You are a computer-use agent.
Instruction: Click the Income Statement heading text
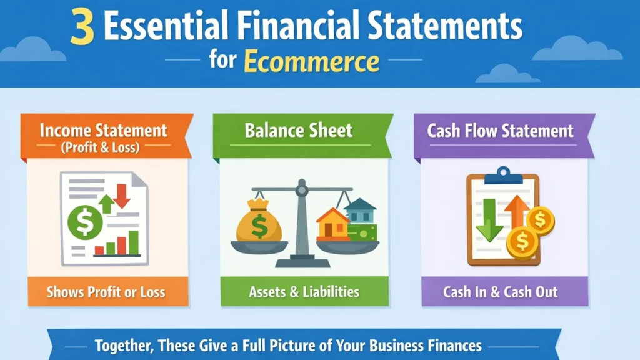click(104, 130)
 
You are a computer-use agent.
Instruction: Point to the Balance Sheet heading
click(298, 130)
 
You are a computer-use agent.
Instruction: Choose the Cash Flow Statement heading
click(500, 130)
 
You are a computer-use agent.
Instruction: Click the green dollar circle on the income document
click(84, 221)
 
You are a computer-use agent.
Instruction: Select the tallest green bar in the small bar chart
click(133, 242)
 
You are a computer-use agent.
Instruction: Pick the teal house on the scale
click(359, 211)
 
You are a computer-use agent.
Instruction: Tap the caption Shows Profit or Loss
click(107, 292)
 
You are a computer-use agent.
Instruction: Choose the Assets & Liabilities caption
click(304, 292)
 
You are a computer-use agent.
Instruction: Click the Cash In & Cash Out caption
click(500, 292)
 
